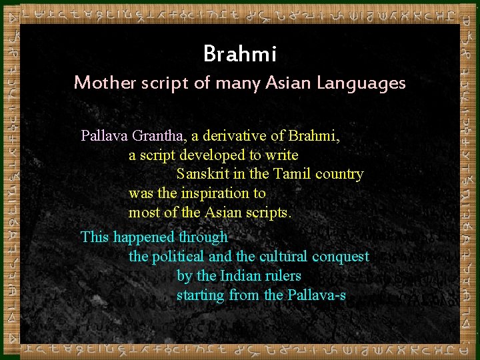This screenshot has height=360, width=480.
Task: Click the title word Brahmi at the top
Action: click(239, 53)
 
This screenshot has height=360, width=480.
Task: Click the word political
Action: click(178, 257)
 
